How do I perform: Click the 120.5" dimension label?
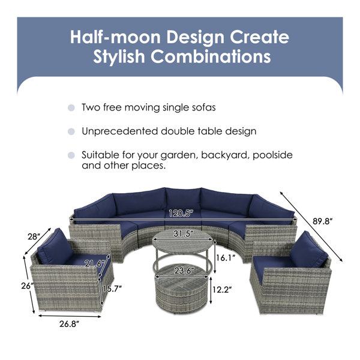coord(181,214)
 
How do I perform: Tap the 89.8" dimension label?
coord(323,221)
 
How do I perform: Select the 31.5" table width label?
coord(183,234)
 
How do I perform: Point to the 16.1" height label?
coord(226,258)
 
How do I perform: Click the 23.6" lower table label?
coord(183,271)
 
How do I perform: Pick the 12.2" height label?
coord(221,290)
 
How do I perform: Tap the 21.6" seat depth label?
coord(94,263)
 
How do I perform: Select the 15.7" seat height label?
coord(112,289)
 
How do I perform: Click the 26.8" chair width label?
coord(69,324)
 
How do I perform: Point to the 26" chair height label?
coord(28,286)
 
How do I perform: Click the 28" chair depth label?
coord(34,236)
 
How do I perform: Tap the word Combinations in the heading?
coord(211,56)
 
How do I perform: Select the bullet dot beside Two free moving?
coord(71,107)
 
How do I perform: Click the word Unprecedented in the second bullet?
coord(120,131)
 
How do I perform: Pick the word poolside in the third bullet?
coord(272,155)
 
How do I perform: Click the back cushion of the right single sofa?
coord(308,250)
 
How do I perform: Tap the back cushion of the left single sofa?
coord(55,247)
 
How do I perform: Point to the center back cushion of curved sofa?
coord(183,199)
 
